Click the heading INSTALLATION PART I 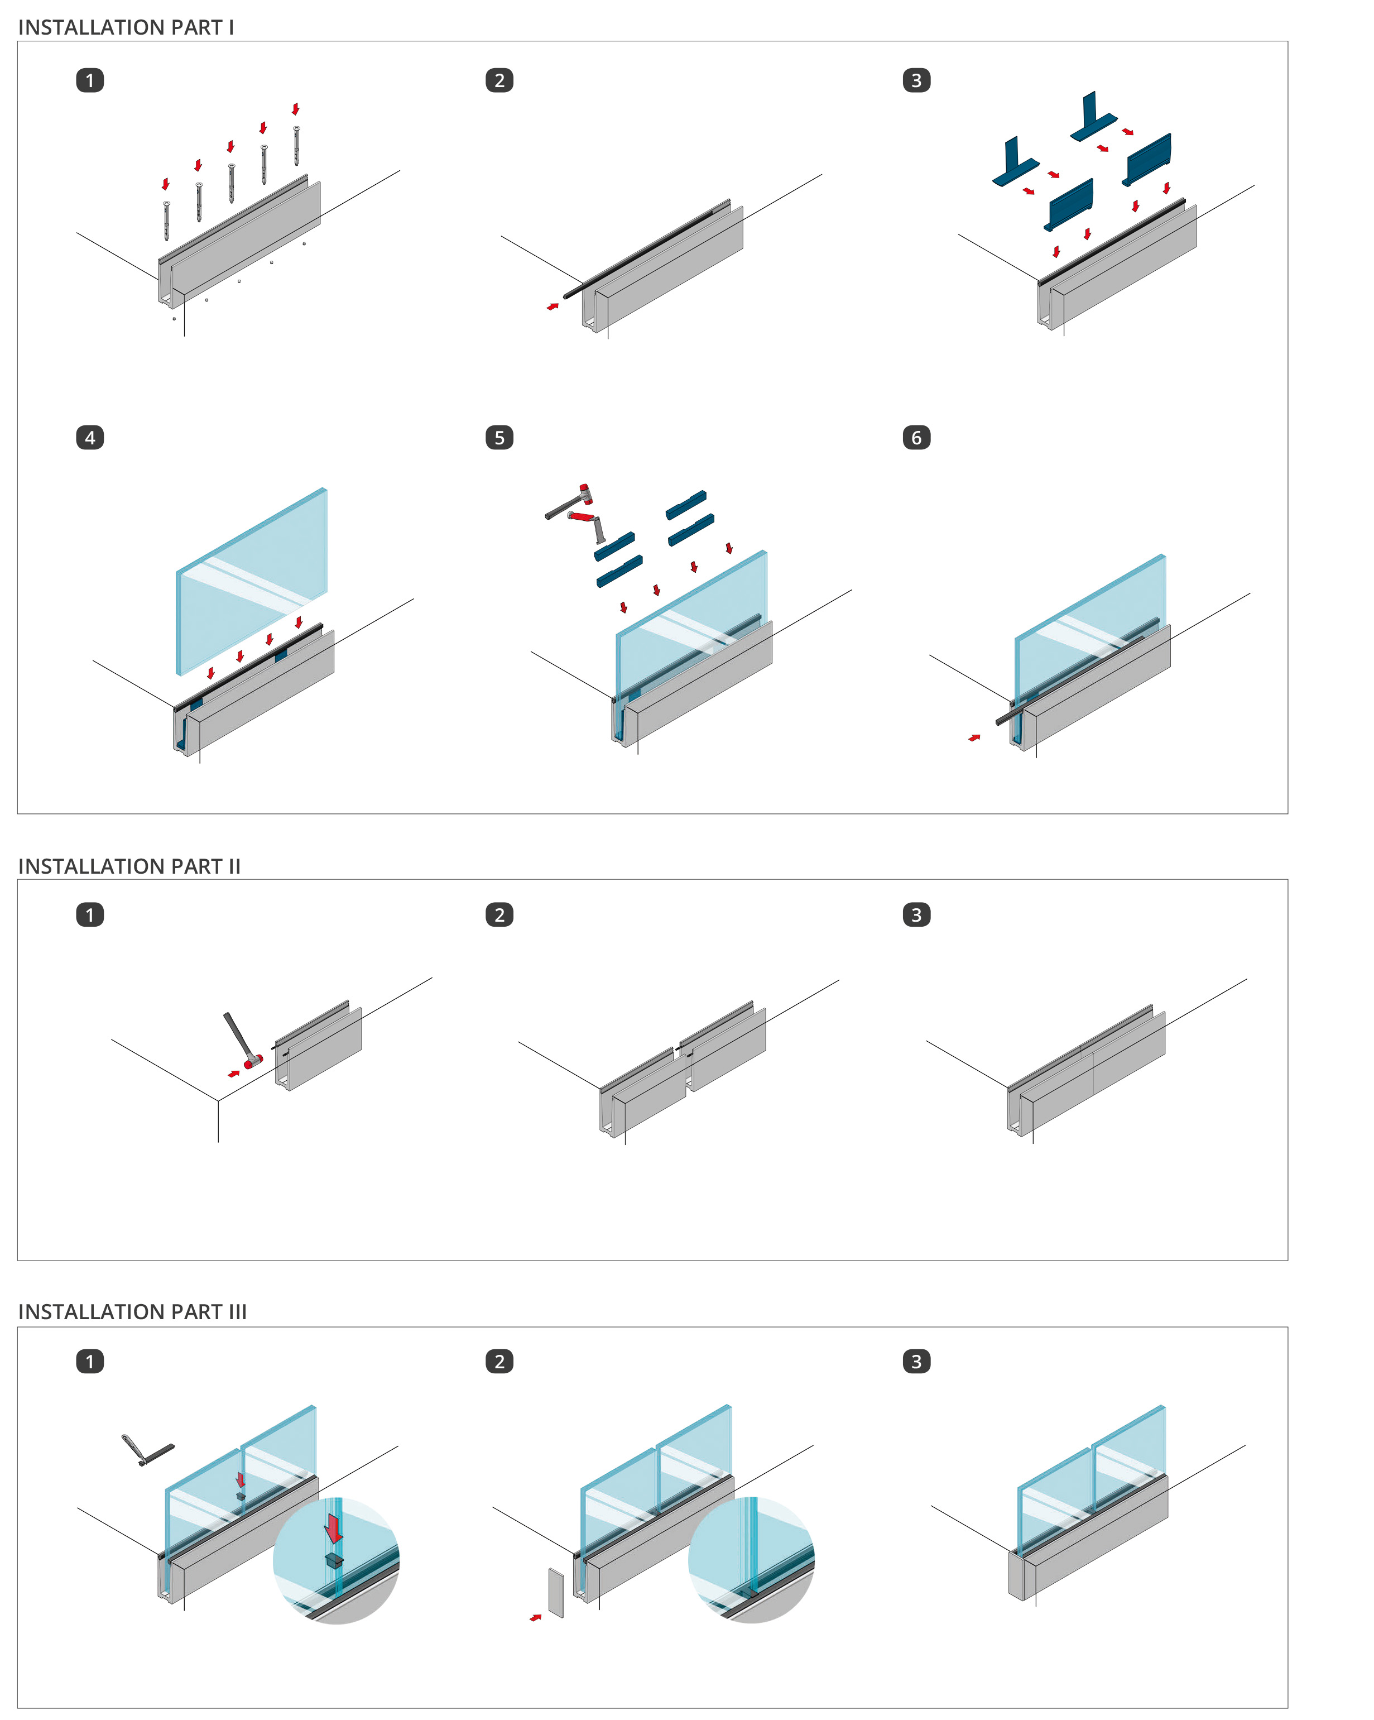click(126, 27)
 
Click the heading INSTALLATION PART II click(129, 866)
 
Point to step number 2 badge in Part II click(499, 914)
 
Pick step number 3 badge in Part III click(916, 1361)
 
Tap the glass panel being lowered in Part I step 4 click(251, 582)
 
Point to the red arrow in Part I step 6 click(974, 738)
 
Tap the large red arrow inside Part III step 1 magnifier click(333, 1529)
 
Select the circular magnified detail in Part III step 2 click(751, 1560)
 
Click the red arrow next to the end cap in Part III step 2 click(536, 1618)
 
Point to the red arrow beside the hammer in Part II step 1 click(234, 1074)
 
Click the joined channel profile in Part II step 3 click(1086, 1070)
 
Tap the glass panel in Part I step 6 click(1090, 630)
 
